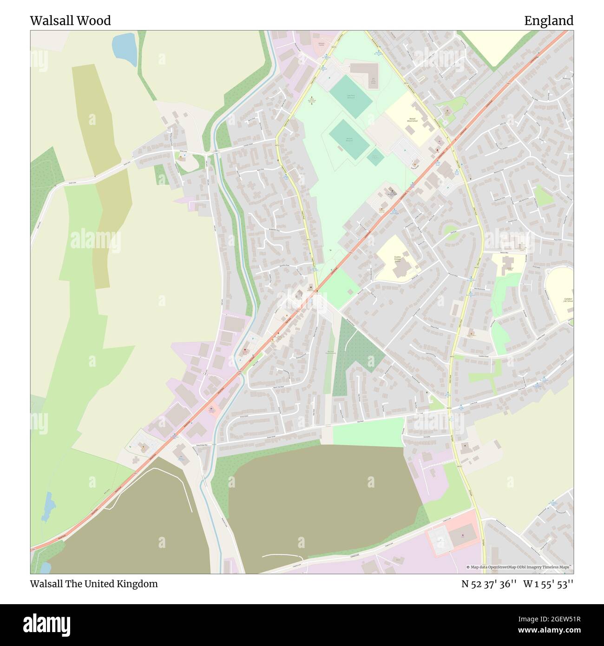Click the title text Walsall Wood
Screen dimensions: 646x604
[70, 20]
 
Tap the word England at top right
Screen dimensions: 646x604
[549, 20]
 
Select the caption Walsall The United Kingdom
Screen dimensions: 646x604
[94, 584]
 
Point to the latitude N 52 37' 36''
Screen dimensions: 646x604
[489, 584]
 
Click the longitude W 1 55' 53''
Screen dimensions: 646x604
[548, 584]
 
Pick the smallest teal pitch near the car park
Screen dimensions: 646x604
[375, 157]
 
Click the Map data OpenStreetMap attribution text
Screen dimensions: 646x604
[519, 567]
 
